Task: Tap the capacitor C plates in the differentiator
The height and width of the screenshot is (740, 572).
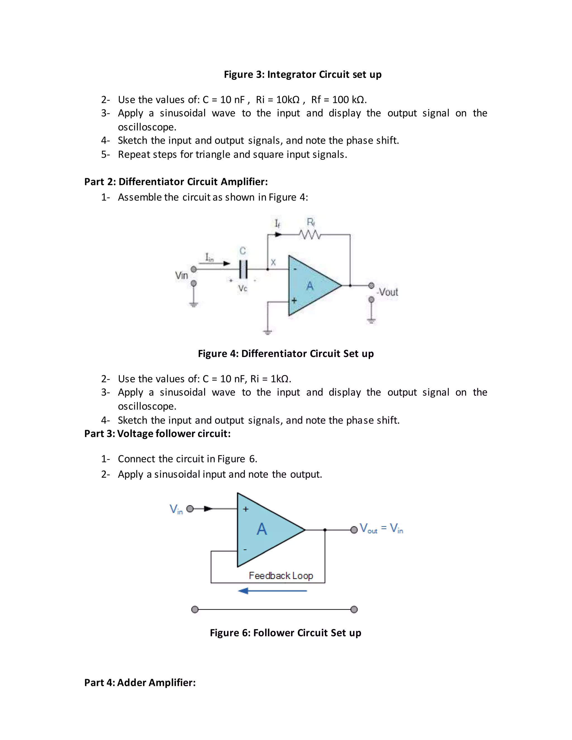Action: (243, 269)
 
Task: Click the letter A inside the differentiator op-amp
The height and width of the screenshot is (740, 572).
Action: (310, 286)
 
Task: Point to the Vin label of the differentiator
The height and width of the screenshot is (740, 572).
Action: (181, 275)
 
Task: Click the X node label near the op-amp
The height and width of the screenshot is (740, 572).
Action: (273, 262)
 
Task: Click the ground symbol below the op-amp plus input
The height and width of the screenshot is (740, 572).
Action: (268, 332)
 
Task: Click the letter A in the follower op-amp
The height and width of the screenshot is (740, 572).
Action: (262, 529)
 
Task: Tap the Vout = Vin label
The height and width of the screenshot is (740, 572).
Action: (381, 528)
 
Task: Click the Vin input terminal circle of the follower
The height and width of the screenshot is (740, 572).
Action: (190, 509)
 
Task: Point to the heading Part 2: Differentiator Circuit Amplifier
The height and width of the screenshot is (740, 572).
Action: (176, 182)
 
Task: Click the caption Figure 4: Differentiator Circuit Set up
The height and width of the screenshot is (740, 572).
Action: (286, 354)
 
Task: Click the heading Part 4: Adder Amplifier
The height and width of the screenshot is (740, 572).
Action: (140, 682)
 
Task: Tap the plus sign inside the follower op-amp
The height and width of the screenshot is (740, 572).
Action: (246, 509)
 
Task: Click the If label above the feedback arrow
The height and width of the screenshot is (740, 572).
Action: (277, 224)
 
